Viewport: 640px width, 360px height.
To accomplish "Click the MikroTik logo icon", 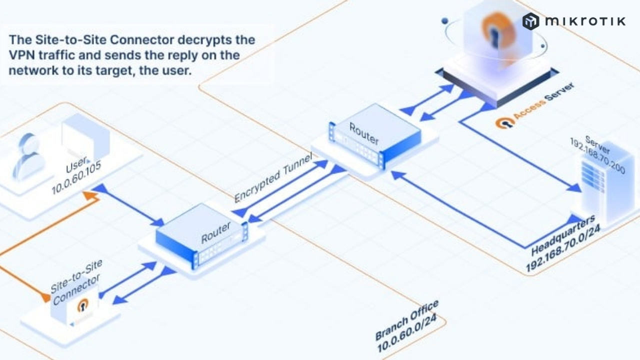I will pos(530,21).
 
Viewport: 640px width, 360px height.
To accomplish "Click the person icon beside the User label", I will pos(28,156).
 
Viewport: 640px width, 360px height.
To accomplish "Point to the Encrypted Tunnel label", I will pos(273,178).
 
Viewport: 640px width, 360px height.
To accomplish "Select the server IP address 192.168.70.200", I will pos(597,155).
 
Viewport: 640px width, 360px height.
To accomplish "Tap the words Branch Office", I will pos(406,320).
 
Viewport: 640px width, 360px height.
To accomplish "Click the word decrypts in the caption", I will pos(222,39).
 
